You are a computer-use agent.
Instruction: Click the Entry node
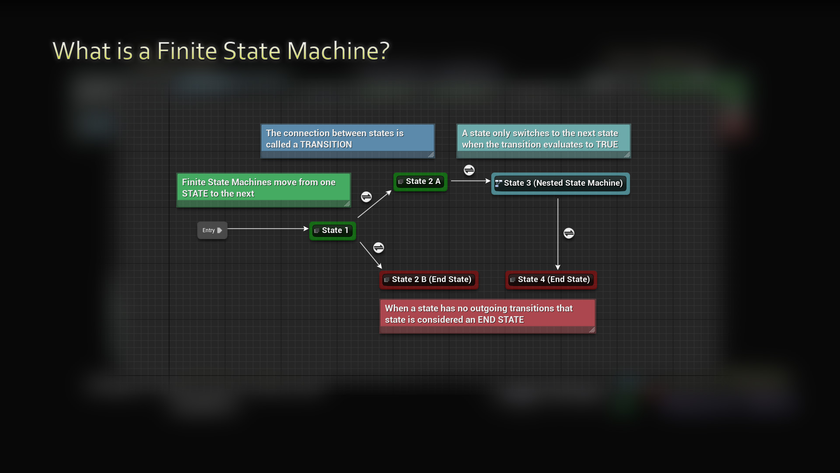click(212, 230)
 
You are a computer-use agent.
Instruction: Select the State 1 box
click(332, 230)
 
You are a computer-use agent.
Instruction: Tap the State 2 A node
click(420, 181)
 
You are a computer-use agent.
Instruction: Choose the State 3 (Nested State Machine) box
click(560, 183)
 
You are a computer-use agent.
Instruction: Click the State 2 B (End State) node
click(429, 279)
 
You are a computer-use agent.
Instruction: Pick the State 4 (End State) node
click(551, 279)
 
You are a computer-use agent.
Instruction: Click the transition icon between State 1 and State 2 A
click(366, 197)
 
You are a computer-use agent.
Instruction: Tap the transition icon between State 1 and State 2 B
click(378, 248)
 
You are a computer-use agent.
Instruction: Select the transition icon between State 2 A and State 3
click(469, 170)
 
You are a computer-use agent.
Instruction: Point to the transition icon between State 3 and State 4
click(569, 233)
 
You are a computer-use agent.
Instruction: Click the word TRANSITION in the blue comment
click(326, 145)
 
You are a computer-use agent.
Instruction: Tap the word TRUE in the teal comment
click(606, 145)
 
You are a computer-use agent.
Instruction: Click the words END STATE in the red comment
click(501, 320)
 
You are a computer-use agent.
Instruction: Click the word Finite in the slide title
click(187, 51)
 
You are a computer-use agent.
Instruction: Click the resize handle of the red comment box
click(592, 330)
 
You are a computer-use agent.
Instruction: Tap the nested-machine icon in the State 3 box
click(498, 184)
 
